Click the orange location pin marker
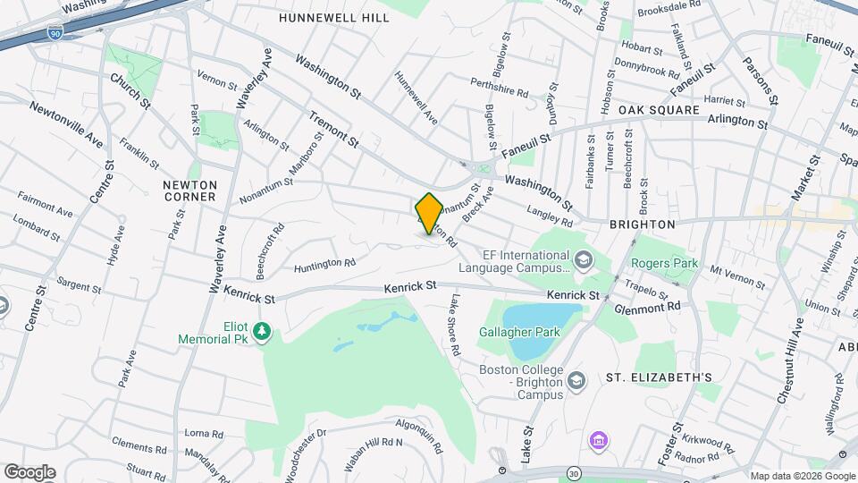click(429, 213)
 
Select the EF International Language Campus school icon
click(584, 260)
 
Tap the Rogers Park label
click(663, 264)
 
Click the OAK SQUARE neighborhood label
click(659, 110)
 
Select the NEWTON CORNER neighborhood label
click(189, 190)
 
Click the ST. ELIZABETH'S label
click(659, 378)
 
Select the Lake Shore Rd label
click(455, 326)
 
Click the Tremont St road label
click(333, 130)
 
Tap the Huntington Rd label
click(324, 263)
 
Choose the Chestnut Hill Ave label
click(794, 361)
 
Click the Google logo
click(29, 472)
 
